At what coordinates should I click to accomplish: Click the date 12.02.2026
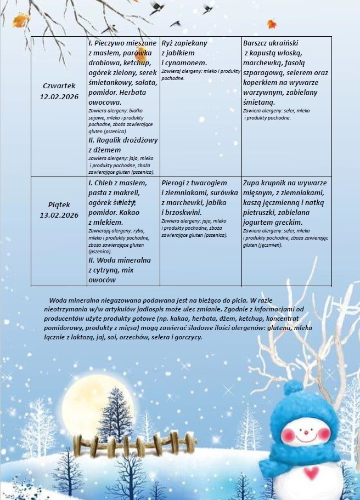59,96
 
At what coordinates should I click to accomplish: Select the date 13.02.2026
59,215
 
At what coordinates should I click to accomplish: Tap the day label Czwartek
59,86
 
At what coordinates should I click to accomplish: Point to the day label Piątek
59,204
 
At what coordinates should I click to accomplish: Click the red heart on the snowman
311,472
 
